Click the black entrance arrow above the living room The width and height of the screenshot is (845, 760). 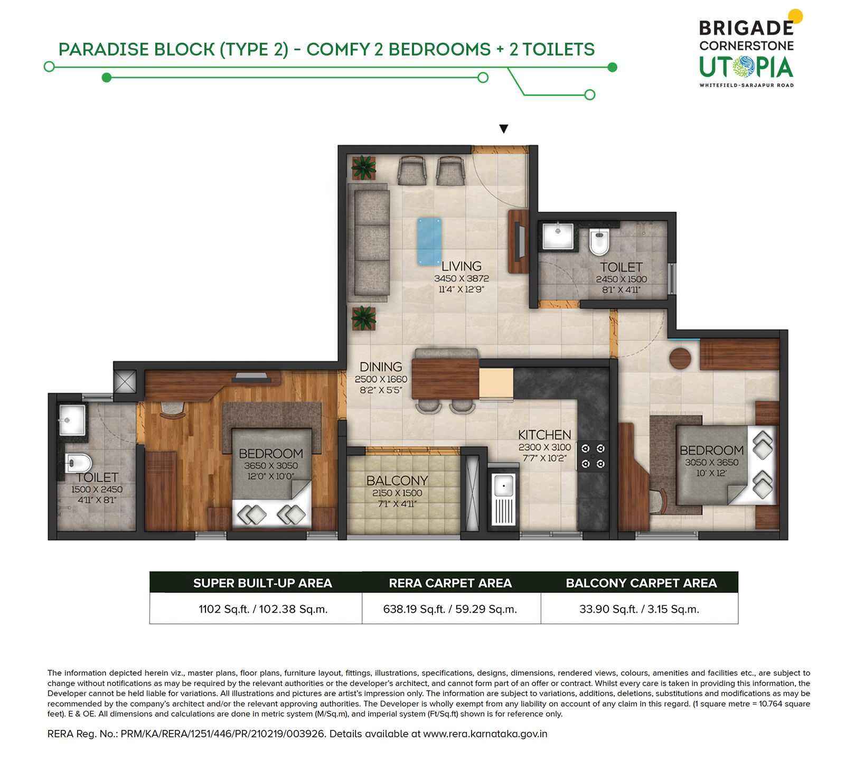coord(503,129)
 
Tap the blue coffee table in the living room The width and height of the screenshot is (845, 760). coord(429,241)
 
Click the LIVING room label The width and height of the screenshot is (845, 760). coord(462,266)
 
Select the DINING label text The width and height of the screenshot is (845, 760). coord(381,367)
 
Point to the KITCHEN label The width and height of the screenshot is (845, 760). coord(544,435)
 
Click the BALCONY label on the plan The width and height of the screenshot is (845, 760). coord(397,481)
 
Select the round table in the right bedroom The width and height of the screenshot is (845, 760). coord(680,359)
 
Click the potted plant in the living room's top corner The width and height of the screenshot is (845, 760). coord(363,167)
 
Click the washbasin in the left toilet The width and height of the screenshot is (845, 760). coord(72,420)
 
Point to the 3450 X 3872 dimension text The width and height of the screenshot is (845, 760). coord(462,278)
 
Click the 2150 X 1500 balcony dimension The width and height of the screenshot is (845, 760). coord(397,493)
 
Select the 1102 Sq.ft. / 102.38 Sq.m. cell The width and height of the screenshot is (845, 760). coord(263,609)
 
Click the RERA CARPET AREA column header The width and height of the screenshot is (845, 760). coord(450,583)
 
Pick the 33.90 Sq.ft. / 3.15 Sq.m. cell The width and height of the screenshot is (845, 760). coord(639,609)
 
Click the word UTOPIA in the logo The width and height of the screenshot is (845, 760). coord(746,68)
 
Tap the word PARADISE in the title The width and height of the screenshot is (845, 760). coord(104,49)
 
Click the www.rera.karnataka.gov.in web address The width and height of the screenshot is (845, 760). coord(485,734)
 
